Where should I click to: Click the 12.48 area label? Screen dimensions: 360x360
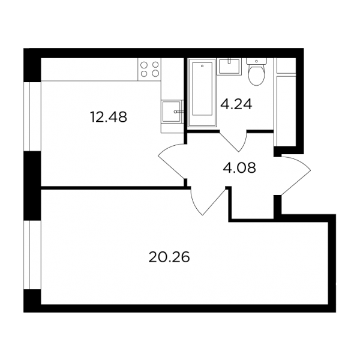109,117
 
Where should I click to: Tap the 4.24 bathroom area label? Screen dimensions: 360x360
236,104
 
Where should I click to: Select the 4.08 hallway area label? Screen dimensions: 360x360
239,168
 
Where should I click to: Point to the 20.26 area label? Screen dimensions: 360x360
169,257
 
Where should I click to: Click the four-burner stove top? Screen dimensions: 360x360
149,69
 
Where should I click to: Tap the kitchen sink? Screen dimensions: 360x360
171,112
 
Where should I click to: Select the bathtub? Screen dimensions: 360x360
202,92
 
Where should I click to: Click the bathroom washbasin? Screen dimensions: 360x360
229,67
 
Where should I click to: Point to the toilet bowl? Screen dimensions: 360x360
256,75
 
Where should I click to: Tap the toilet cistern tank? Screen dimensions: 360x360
256,61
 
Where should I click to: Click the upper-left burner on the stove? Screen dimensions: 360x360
144,65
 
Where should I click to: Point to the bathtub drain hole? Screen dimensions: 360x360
202,66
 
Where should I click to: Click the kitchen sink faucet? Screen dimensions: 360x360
179,112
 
